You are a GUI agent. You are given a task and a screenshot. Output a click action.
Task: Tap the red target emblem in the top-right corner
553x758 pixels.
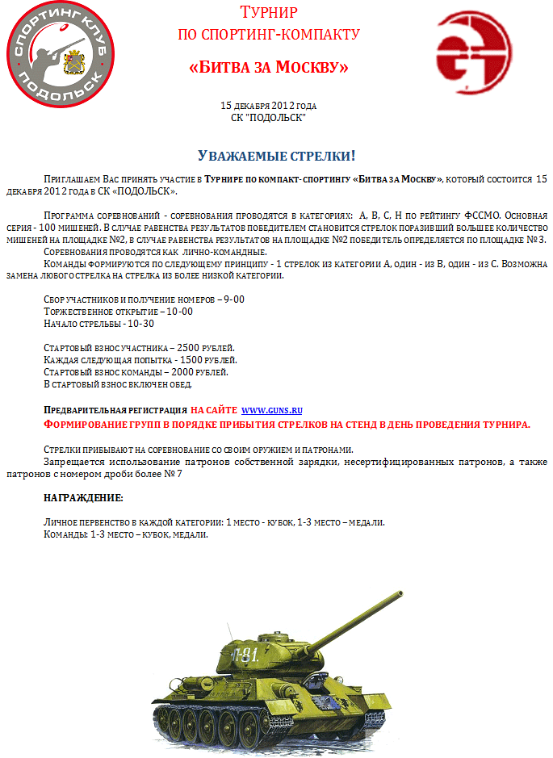474,51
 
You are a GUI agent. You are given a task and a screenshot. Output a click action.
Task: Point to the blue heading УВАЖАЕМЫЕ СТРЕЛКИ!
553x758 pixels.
277,155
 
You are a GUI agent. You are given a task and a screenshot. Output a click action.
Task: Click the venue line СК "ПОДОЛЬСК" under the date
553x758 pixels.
268,117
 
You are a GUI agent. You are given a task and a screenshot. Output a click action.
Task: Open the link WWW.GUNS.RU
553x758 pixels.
272,410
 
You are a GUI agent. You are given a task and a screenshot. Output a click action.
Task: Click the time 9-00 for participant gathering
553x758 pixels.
234,299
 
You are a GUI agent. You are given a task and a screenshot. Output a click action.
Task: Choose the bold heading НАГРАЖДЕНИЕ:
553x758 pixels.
83,497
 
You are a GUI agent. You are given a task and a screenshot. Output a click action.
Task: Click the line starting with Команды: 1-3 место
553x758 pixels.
126,534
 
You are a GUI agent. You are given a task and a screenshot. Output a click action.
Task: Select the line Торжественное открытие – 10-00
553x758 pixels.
118,312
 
